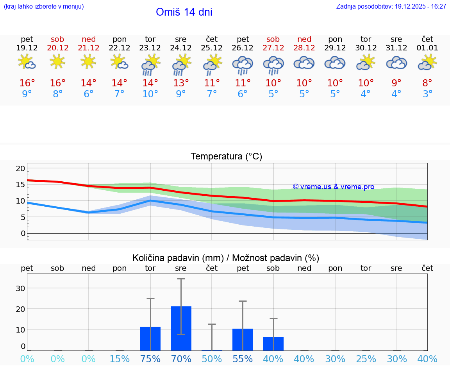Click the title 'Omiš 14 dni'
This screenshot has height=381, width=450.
(184, 12)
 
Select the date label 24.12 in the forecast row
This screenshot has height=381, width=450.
(181, 48)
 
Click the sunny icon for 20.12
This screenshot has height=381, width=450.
(58, 61)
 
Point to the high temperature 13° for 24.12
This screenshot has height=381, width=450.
(181, 83)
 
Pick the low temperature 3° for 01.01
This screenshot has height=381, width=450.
(427, 94)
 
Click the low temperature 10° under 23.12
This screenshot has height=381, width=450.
(150, 94)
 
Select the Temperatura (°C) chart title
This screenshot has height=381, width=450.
(226, 157)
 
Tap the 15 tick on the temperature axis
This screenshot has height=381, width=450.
(20, 184)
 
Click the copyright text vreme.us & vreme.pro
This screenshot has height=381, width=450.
(333, 187)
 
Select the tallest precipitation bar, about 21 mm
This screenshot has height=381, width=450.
(181, 328)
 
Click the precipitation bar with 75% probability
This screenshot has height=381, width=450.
(150, 338)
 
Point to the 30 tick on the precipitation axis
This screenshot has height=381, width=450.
(20, 288)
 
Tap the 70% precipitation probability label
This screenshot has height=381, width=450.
(181, 359)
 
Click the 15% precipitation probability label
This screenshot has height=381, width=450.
(120, 359)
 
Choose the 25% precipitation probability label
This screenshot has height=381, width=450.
(366, 359)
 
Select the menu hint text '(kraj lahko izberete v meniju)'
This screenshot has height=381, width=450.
(44, 6)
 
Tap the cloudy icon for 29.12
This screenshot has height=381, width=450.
(335, 63)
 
